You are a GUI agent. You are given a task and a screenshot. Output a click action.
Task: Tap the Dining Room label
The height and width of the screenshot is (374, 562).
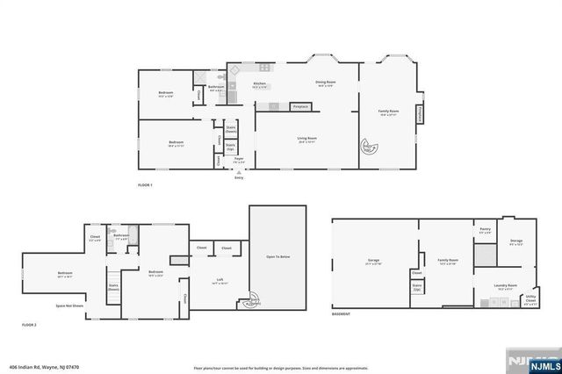(x=327, y=84)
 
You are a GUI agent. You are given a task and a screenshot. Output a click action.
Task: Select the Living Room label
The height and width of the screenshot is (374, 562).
(x=306, y=139)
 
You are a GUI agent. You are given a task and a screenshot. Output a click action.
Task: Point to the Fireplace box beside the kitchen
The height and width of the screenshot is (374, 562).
(x=299, y=106)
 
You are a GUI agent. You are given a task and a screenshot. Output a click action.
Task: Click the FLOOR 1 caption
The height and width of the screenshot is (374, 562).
(x=146, y=185)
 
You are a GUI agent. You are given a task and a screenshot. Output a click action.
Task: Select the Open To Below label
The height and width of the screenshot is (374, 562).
(x=277, y=257)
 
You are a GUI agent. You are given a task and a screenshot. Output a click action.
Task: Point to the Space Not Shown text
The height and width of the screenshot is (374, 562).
(x=69, y=306)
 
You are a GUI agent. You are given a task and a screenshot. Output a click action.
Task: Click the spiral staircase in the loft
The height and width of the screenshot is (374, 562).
(x=254, y=301)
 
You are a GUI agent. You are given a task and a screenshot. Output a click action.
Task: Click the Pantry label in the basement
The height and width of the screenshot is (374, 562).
(x=484, y=230)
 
